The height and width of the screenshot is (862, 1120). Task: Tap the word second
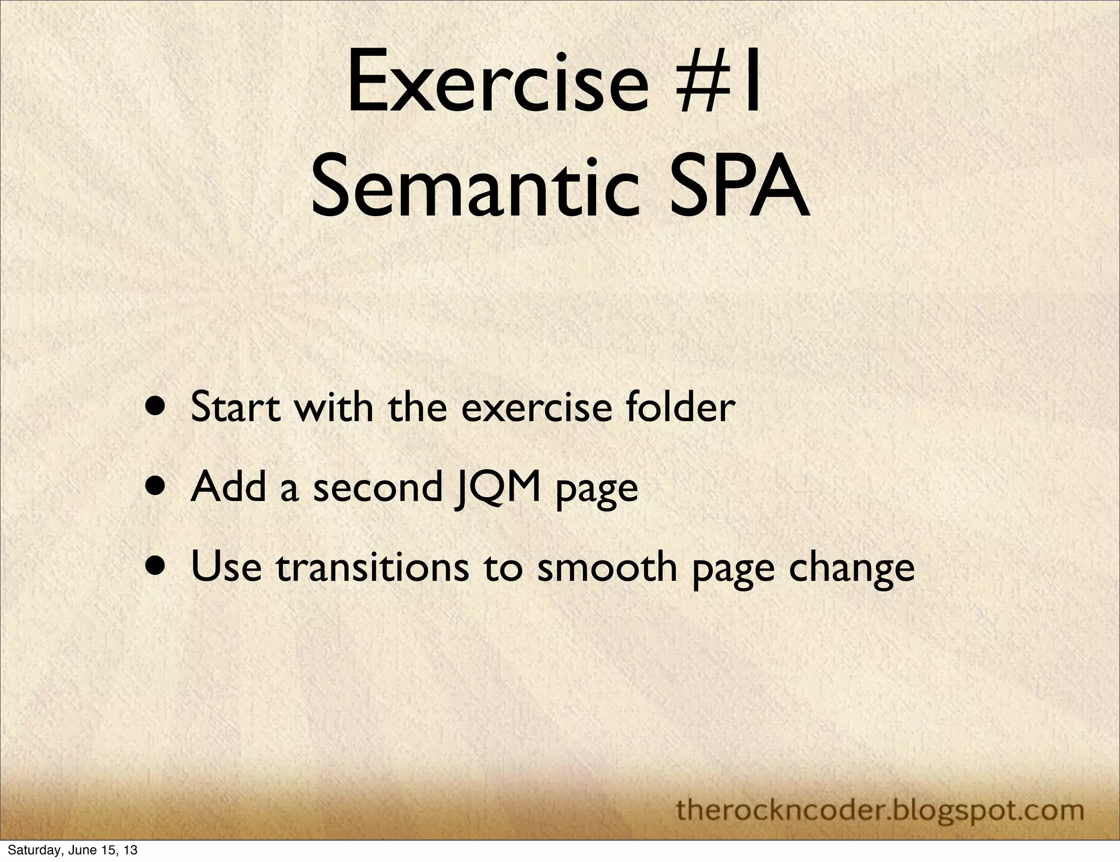click(377, 487)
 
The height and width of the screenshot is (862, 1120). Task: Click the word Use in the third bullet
click(226, 567)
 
